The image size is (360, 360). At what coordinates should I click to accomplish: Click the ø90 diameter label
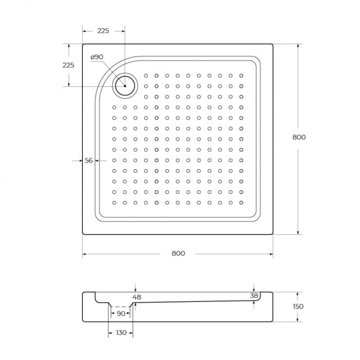98,57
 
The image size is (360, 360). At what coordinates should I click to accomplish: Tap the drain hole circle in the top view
124,86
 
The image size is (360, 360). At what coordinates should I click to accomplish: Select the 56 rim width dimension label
88,160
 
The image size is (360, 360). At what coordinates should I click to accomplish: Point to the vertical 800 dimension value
299,137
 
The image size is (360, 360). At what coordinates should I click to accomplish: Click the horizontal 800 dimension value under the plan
178,253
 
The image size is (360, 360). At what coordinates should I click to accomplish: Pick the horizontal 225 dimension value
103,31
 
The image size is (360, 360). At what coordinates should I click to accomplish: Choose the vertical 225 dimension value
68,65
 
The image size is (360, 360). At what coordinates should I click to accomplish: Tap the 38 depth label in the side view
254,295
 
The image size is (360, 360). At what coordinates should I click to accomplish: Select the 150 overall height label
298,307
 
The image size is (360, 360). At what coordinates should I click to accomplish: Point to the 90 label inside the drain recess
121,313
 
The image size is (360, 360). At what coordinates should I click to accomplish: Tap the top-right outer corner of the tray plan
273,44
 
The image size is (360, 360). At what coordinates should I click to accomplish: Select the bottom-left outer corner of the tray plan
82,235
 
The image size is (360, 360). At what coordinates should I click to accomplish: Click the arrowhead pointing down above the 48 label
135,290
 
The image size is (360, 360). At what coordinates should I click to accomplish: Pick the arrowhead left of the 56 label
80,160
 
